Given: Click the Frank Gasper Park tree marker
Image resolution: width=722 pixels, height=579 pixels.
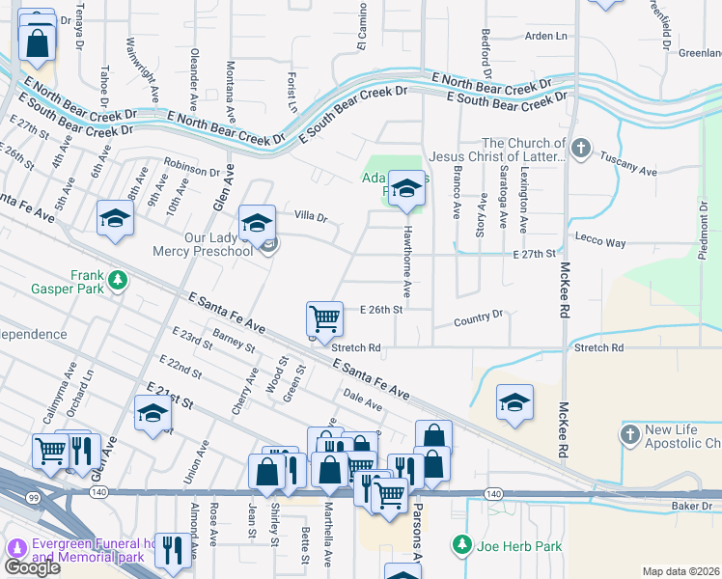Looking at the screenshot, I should (x=117, y=281).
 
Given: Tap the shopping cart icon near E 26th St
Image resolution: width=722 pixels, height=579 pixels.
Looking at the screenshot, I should (x=324, y=318).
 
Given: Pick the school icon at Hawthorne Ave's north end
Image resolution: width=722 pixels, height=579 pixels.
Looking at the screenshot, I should (x=406, y=187).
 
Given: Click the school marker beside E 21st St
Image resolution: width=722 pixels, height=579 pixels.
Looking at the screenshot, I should (x=152, y=414).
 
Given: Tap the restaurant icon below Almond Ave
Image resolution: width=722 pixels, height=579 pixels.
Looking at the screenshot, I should (x=172, y=550).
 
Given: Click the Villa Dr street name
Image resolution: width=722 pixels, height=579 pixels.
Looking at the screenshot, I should (x=311, y=217).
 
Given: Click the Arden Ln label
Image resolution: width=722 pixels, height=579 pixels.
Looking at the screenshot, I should (x=545, y=36).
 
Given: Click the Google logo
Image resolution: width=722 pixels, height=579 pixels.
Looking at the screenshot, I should (x=32, y=567).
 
